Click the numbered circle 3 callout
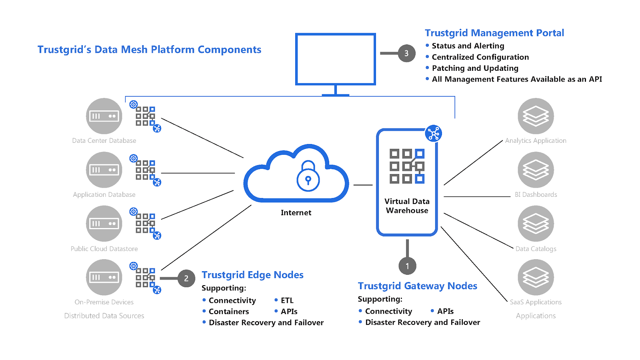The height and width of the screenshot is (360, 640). [406, 53]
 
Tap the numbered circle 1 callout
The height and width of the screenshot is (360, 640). [407, 266]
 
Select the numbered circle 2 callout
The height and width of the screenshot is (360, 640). [186, 278]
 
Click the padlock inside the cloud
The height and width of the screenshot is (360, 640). [308, 177]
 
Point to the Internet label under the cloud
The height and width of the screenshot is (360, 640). [296, 213]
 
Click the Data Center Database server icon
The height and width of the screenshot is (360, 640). [104, 116]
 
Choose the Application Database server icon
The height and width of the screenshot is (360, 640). [104, 170]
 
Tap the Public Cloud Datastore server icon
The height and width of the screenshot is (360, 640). [104, 224]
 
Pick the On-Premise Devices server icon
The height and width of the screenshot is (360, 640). [104, 277]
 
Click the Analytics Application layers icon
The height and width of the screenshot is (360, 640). [536, 116]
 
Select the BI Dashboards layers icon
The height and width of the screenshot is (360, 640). [536, 170]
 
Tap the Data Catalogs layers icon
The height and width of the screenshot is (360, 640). [536, 224]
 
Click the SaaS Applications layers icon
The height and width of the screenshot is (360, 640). [536, 277]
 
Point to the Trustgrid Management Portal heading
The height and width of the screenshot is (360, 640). [494, 33]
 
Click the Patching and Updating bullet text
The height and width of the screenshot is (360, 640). [475, 68]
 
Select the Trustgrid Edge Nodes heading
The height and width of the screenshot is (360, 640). [252, 275]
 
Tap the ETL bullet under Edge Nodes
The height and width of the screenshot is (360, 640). [287, 300]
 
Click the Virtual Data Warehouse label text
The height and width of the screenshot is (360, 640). [407, 206]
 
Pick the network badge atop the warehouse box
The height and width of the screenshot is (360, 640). [434, 134]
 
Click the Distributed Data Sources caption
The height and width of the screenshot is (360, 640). [104, 316]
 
